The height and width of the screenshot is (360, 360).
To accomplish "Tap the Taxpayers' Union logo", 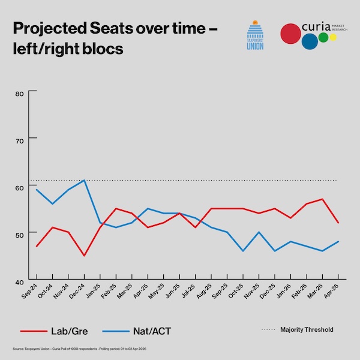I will pos(256,37).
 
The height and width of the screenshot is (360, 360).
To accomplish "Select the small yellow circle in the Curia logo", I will pos(333,38).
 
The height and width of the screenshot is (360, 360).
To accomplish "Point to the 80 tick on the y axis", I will pos(20,93).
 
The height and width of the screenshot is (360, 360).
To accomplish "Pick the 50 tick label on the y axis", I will pos(20,234).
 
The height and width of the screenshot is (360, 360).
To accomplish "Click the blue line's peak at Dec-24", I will pos(85,181).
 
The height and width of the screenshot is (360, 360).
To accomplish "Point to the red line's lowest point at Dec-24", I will pos(85,256).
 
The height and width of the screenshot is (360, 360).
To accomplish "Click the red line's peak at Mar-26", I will pos(323,199).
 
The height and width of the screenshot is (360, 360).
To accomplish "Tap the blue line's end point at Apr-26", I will pos(338,241).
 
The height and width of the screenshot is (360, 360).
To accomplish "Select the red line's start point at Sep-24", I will pos(37,246).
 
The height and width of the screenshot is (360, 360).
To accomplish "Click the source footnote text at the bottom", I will pos(90,349).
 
